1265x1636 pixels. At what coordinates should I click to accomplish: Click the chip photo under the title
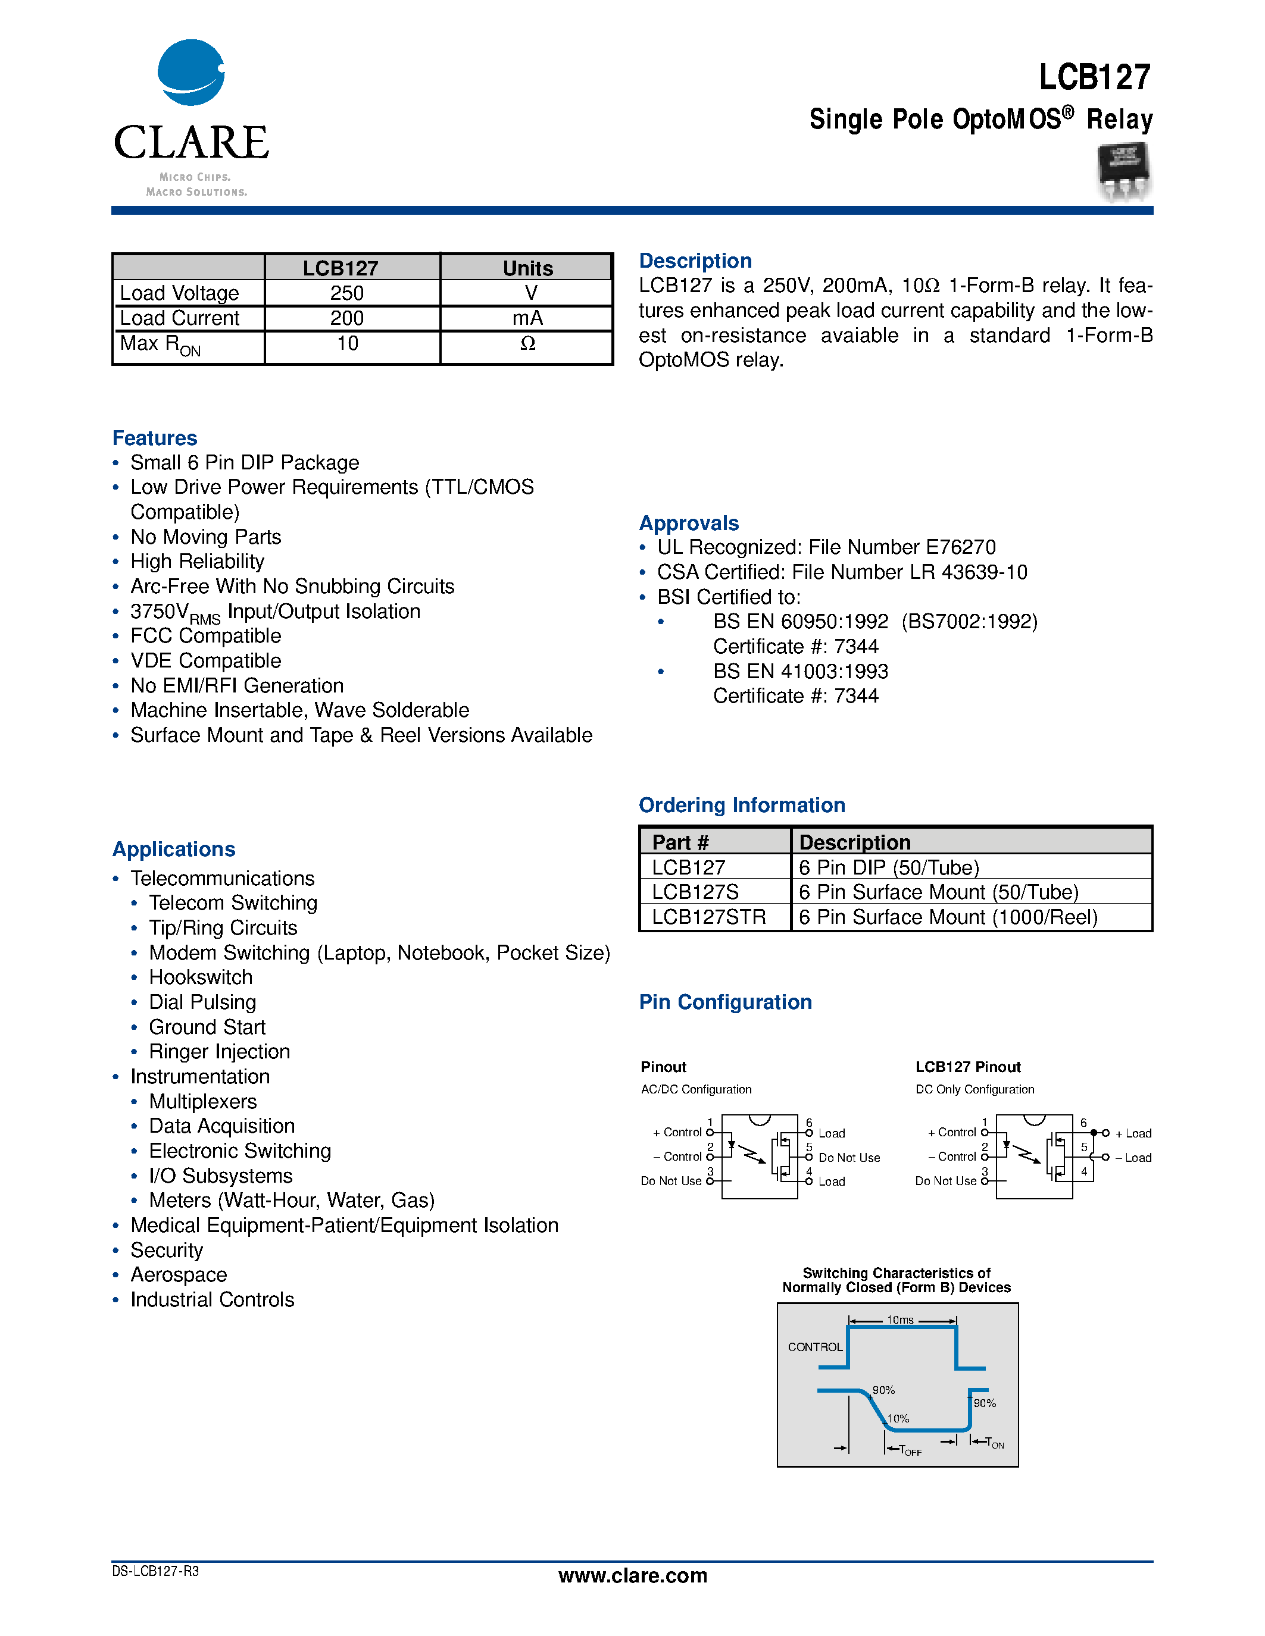tap(1124, 173)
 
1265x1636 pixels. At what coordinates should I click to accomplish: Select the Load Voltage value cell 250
tap(347, 293)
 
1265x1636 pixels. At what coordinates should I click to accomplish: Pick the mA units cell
tap(527, 318)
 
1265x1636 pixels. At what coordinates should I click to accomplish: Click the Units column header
tap(527, 268)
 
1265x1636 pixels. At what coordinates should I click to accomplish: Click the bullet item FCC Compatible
tap(205, 636)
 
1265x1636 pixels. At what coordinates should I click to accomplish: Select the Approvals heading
tap(689, 523)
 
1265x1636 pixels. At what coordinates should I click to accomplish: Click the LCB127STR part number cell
tap(708, 917)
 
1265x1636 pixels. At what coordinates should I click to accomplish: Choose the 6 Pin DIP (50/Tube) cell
tap(889, 867)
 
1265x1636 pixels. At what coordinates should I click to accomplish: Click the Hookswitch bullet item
tap(200, 977)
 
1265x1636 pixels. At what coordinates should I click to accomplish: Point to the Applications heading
tap(174, 850)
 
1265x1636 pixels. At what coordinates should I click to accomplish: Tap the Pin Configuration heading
tap(724, 1002)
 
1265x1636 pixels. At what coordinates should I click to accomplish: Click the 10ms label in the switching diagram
tap(900, 1320)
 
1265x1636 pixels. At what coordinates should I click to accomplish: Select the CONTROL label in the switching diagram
tap(814, 1347)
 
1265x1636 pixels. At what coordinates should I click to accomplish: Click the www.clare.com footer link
tap(632, 1575)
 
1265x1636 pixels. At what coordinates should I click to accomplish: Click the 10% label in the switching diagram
tap(898, 1419)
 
